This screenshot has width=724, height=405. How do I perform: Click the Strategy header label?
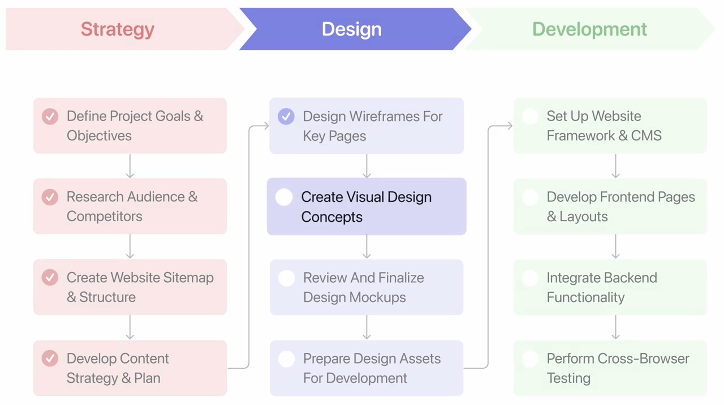click(x=118, y=29)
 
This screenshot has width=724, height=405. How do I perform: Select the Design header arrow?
click(x=352, y=29)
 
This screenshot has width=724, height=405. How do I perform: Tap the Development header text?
click(x=589, y=29)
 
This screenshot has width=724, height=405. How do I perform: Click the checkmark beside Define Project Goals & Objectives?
click(x=50, y=117)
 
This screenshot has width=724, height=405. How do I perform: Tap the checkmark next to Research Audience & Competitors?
click(x=50, y=197)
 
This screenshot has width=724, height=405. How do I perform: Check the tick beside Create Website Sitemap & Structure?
click(x=50, y=278)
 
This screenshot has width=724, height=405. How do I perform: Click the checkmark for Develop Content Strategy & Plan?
click(x=50, y=359)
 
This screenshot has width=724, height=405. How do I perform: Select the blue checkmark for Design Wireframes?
click(x=286, y=117)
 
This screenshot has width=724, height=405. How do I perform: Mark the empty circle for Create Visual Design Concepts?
click(x=284, y=197)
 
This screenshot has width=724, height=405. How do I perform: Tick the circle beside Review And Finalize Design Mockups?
click(x=287, y=278)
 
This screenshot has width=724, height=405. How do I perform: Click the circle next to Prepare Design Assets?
click(x=287, y=359)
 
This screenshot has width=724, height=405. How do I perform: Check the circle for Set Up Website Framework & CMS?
click(x=530, y=117)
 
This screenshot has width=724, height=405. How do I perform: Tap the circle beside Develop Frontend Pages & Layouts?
click(x=530, y=197)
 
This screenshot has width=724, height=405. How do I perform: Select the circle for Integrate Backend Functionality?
click(x=530, y=278)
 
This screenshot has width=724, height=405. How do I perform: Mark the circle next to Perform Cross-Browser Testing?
click(x=530, y=359)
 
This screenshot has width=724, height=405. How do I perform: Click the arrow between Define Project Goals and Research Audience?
click(x=130, y=166)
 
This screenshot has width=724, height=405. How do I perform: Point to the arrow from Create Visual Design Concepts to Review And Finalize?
click(x=367, y=247)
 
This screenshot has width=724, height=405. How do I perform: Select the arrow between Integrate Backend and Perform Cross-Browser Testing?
click(x=615, y=327)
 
